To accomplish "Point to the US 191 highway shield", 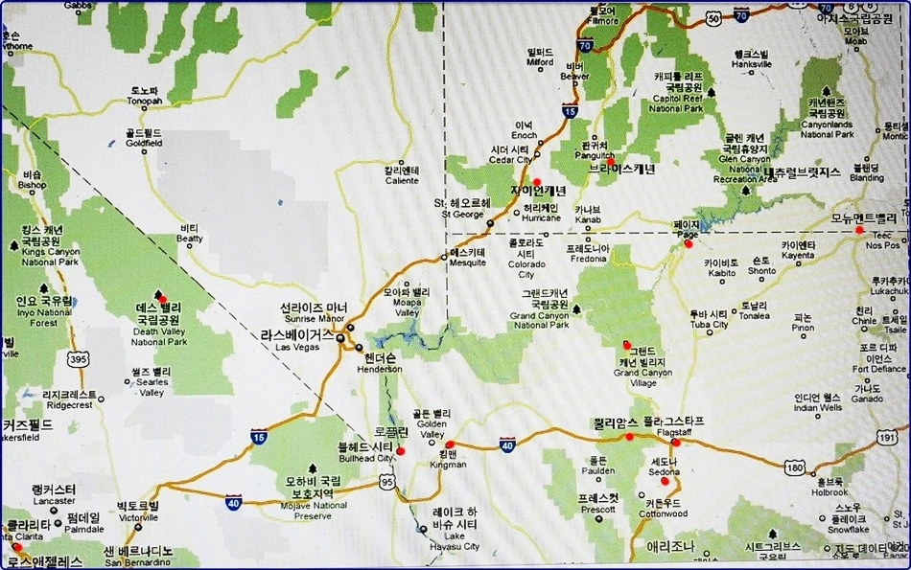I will pyautogui.click(x=887, y=437).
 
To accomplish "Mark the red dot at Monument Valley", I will pyautogui.click(x=860, y=229).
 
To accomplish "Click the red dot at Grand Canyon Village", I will pyautogui.click(x=626, y=345).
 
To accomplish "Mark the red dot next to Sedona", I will pyautogui.click(x=665, y=480).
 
